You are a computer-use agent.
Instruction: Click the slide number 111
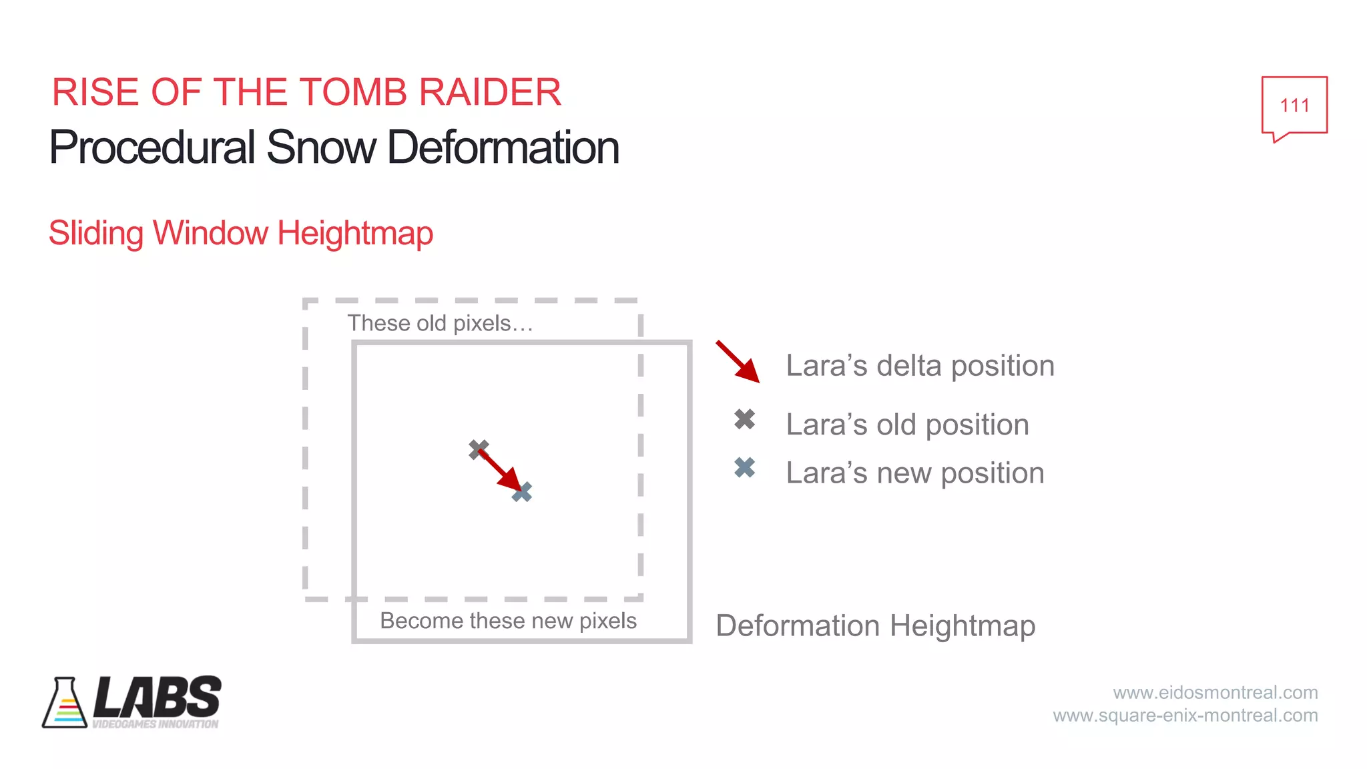1294,105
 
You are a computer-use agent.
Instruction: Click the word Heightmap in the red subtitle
355,234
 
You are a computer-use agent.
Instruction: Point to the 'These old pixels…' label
440,324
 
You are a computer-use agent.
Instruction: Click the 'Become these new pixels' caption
508,621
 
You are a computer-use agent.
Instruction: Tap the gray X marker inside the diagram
477,449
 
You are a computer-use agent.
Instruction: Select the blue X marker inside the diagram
523,493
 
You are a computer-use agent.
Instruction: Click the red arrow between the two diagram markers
499,470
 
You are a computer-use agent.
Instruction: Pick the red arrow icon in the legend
738,362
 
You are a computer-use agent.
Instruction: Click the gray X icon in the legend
745,419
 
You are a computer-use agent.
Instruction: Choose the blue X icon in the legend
745,468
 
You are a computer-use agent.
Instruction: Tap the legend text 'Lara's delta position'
920,366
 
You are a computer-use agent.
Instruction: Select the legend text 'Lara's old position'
907,425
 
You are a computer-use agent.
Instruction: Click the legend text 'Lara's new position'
914,473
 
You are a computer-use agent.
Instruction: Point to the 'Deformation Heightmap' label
875,626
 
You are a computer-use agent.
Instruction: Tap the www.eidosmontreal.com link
1215,692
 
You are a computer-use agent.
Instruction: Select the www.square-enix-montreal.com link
1185,716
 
